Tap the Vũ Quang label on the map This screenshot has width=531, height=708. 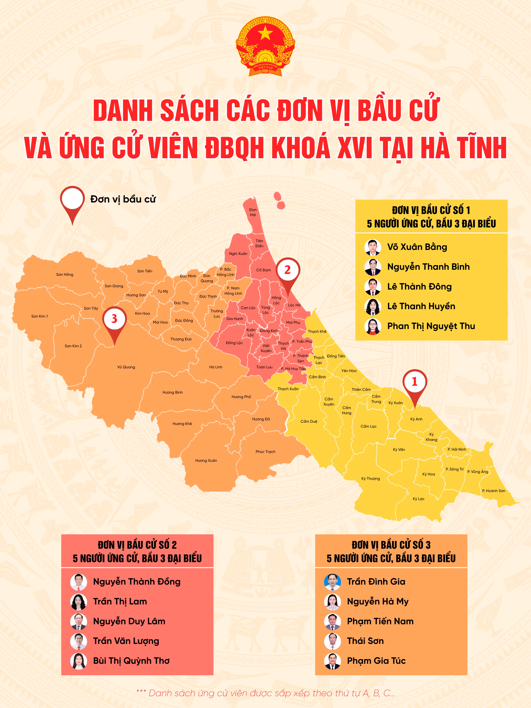126,367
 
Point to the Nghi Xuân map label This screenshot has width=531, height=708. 238,253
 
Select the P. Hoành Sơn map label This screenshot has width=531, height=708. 493,491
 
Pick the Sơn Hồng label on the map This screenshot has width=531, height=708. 65,274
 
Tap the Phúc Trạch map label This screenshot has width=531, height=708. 265,452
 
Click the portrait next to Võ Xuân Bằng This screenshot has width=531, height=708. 373,247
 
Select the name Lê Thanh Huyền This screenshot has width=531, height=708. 421,306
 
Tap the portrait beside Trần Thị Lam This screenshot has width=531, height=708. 78,601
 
